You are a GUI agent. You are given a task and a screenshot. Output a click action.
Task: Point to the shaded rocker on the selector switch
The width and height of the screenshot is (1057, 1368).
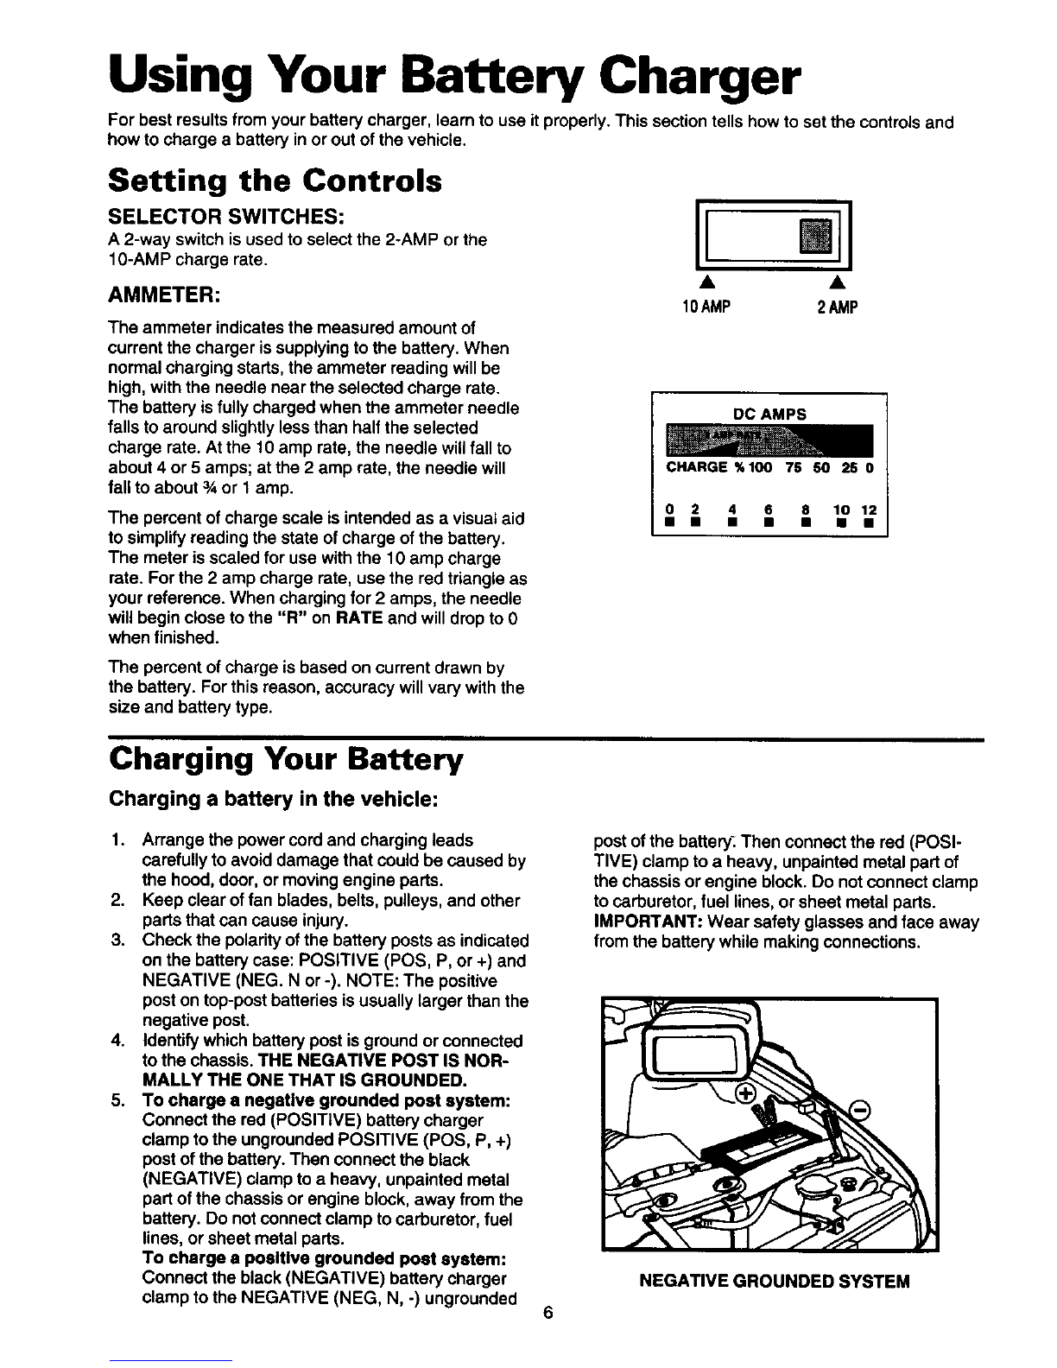(x=815, y=236)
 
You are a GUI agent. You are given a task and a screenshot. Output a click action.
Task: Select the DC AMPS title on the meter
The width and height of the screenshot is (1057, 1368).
(x=769, y=415)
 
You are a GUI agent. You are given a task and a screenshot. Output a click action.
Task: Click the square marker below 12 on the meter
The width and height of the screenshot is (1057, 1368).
(x=870, y=522)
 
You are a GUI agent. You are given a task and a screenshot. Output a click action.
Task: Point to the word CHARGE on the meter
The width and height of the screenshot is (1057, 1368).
(x=696, y=468)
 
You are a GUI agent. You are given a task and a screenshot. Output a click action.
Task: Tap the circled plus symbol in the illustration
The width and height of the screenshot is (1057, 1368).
(x=744, y=1094)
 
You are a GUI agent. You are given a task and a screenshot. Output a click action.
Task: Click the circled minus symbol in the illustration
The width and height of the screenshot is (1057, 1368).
(x=861, y=1110)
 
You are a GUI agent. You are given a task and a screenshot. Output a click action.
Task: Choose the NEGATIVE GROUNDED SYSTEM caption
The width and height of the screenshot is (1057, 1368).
(x=774, y=1281)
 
